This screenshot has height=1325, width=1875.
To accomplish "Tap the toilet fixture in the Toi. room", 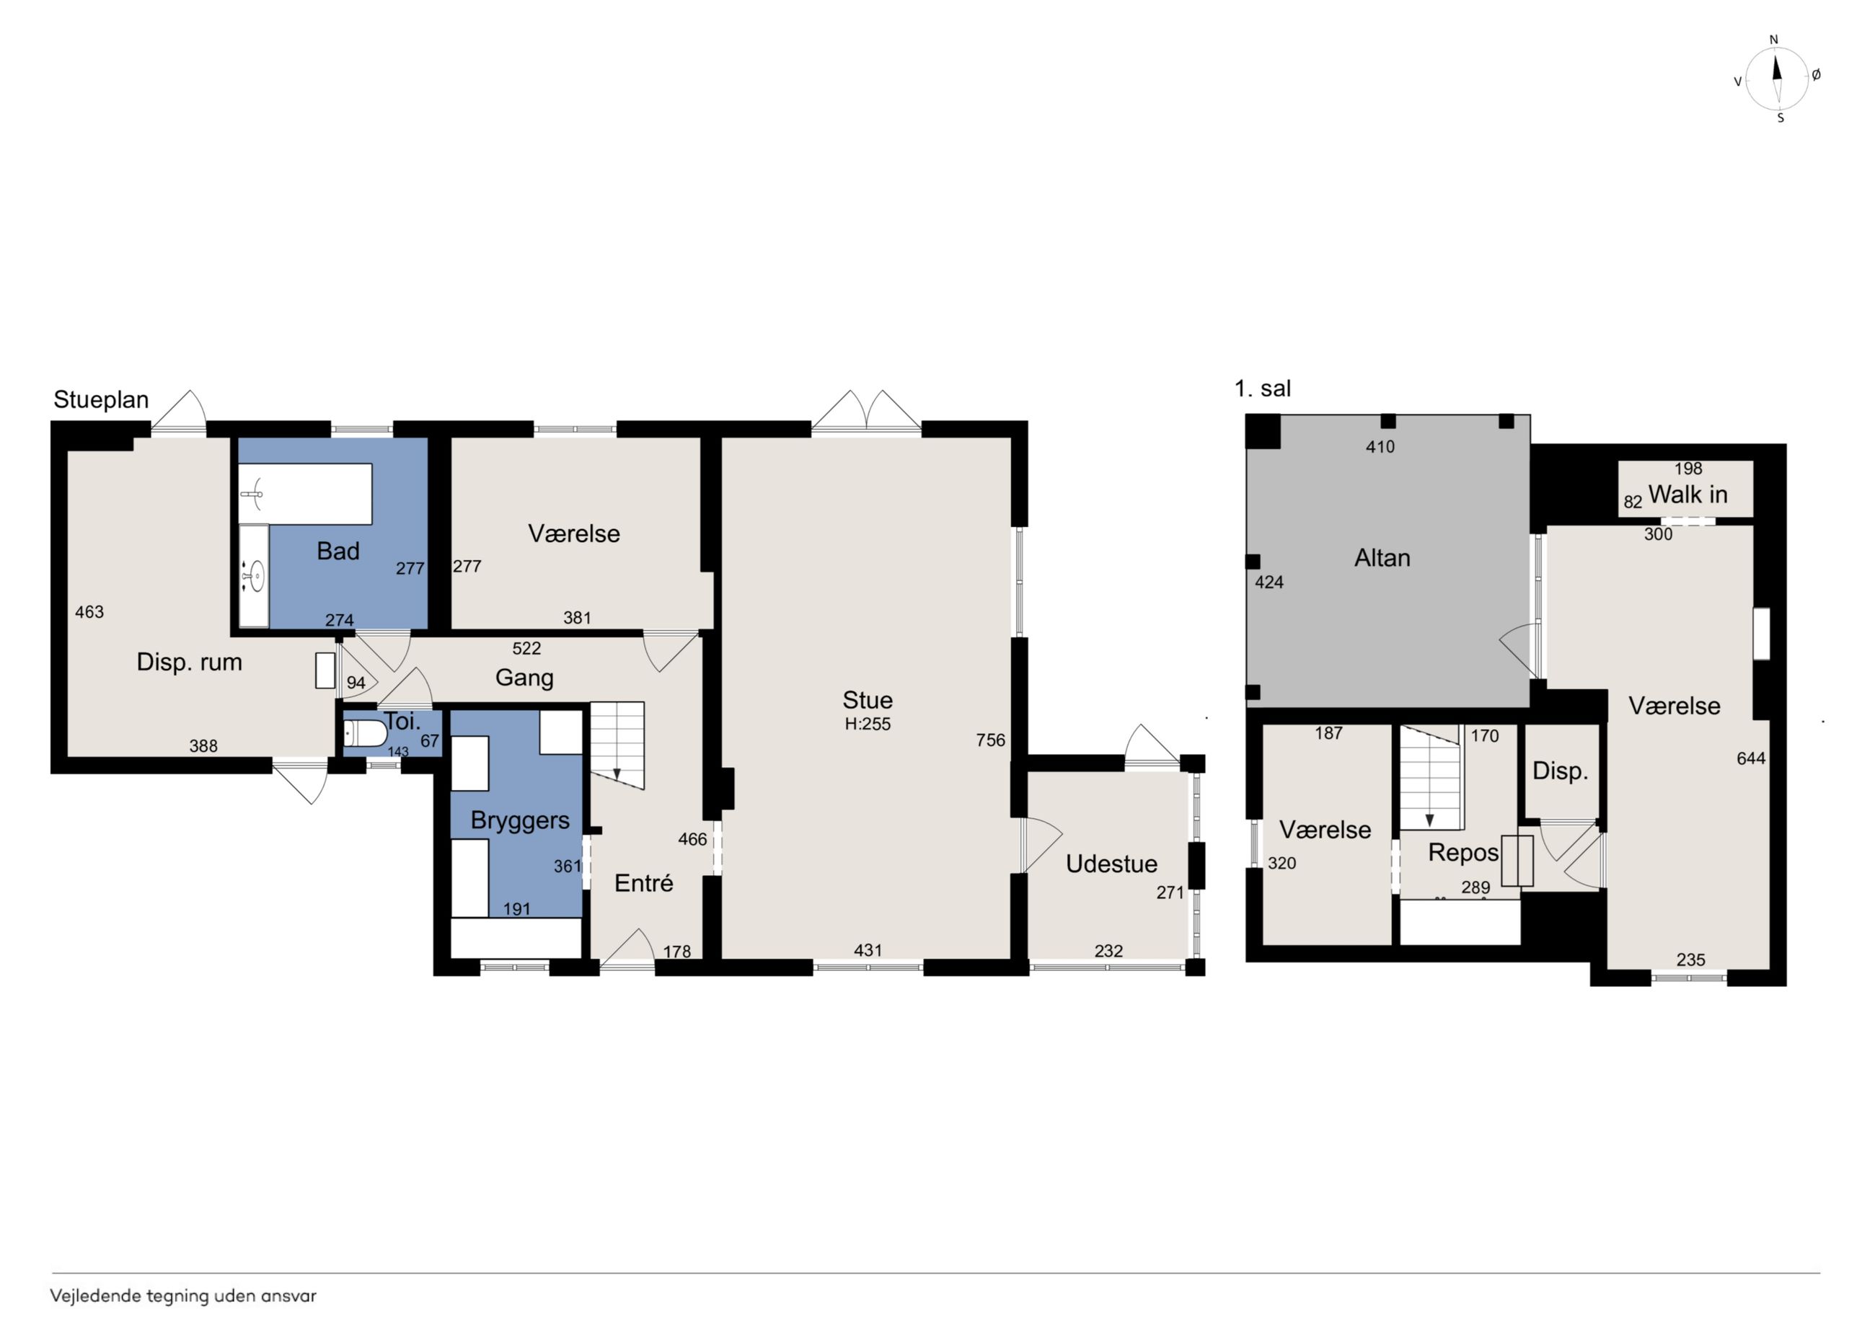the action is [365, 733].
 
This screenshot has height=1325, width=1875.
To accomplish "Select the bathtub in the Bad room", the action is [306, 494].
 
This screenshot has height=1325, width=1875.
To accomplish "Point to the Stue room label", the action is [868, 700].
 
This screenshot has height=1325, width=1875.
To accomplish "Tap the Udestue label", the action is [1111, 864].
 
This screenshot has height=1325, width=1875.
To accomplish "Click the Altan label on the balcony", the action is [1382, 557].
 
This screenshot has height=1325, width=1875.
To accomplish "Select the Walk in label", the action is [1687, 494].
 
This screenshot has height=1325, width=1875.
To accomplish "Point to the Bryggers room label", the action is [519, 820].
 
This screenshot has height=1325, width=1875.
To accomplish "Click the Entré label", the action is [643, 882].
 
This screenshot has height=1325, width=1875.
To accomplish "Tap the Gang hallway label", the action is [524, 678].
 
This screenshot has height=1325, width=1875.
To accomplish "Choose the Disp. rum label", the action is [190, 662].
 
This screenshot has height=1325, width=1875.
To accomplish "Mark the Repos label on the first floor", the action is [1462, 853].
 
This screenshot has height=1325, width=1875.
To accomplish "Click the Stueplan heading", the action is [101, 400].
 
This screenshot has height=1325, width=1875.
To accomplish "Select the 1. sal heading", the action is [1263, 389].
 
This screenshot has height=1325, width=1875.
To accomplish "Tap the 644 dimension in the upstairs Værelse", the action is [1751, 758].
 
